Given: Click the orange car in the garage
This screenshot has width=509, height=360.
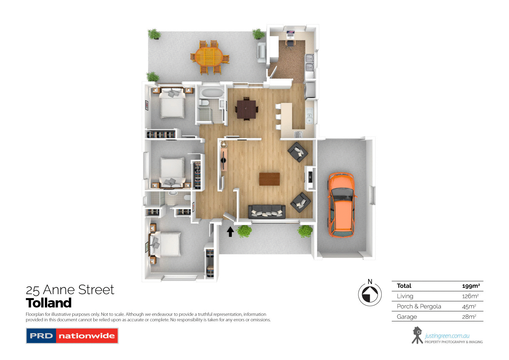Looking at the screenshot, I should pos(341,205).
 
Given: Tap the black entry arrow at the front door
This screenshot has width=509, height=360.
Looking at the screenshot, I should pos(230,232).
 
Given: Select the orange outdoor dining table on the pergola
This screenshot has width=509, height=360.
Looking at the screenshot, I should pos(209,56).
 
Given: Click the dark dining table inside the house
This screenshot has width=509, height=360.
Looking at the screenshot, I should pos(246,109).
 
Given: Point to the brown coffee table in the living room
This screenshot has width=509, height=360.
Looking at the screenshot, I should pos(269,179).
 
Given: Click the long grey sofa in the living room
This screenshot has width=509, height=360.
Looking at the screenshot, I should pos(267,212).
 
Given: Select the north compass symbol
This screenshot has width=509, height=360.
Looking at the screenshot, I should pos(370,294).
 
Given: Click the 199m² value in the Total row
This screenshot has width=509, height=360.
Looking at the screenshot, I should pos(471,286).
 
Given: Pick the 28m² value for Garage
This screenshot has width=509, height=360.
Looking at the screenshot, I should pos(469,317).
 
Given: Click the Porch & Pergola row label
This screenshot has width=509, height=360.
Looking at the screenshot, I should pos(419,306).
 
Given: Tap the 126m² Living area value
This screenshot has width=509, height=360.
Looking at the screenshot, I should pos(470,296).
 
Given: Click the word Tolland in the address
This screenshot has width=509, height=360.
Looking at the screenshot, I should pos(49,303).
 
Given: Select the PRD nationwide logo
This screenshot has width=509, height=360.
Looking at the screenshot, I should pos(72,336).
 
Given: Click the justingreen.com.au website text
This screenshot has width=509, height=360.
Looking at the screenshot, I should pos(447,336).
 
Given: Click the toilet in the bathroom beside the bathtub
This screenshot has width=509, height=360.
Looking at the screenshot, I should pos(204,102).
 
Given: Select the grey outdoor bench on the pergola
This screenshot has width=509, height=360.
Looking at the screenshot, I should pos(262,52).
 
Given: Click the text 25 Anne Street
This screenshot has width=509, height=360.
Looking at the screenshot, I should pos(70,290).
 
